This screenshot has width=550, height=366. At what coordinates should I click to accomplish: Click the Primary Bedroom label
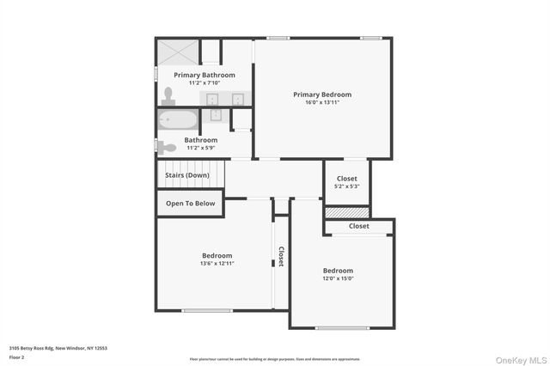click(x=322, y=95)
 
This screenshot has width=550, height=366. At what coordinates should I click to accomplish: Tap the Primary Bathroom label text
click(x=205, y=75)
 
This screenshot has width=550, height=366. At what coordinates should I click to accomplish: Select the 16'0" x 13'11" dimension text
click(x=322, y=102)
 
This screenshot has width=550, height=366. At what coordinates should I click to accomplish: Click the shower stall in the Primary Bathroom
click(x=177, y=52)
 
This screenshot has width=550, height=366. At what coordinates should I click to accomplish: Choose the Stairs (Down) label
click(x=187, y=175)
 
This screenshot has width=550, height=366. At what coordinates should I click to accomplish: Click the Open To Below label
click(x=191, y=204)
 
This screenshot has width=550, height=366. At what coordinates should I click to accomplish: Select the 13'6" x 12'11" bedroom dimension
click(x=217, y=263)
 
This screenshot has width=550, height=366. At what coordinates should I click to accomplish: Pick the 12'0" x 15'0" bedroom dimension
click(x=338, y=278)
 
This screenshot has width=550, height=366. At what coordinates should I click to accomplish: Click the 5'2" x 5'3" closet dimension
click(x=347, y=186)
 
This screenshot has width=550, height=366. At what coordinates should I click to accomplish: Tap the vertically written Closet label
click(x=280, y=257)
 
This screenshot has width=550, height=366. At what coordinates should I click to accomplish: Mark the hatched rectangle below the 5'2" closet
click(x=347, y=211)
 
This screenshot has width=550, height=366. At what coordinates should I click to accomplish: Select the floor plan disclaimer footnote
click(x=274, y=358)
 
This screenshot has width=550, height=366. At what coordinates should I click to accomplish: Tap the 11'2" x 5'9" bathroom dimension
click(x=201, y=147)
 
